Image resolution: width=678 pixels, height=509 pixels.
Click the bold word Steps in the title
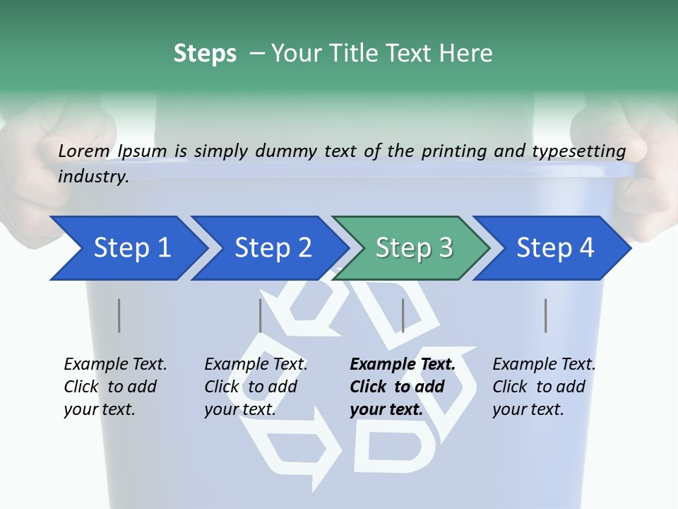click(x=205, y=54)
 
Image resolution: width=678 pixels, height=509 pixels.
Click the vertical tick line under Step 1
click(x=119, y=315)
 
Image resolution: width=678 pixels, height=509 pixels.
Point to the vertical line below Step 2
click(x=261, y=315)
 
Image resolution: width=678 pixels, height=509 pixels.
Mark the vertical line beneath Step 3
click(x=403, y=315)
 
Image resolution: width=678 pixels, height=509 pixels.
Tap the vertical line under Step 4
click(x=545, y=315)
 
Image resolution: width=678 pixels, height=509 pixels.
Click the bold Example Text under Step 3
click(x=403, y=365)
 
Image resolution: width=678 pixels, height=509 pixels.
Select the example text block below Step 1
click(x=115, y=387)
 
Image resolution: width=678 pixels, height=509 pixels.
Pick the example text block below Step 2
click(x=256, y=387)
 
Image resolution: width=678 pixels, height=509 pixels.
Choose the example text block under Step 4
click(x=544, y=387)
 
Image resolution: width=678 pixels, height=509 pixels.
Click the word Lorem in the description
click(x=84, y=151)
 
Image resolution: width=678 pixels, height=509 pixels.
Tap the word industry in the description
click(x=93, y=177)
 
